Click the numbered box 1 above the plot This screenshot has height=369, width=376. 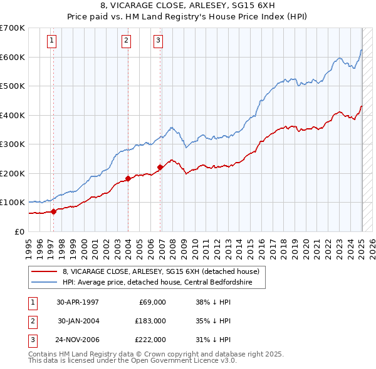tap(51, 41)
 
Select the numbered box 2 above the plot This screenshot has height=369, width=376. tap(126, 41)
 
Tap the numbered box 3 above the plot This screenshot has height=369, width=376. tap(158, 41)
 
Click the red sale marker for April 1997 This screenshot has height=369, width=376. tap(53, 211)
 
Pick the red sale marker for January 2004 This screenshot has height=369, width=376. tap(128, 178)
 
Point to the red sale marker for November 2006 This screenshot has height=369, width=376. tap(160, 167)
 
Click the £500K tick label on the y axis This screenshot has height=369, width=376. tap(13, 86)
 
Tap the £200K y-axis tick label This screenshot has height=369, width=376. tap(13, 173)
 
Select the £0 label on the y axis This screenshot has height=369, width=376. tap(19, 231)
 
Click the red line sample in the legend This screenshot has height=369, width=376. tap(44, 271)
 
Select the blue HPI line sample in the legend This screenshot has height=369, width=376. tap(44, 282)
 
